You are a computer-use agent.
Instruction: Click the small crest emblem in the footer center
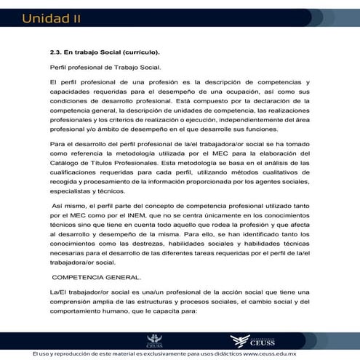tap(154, 340)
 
